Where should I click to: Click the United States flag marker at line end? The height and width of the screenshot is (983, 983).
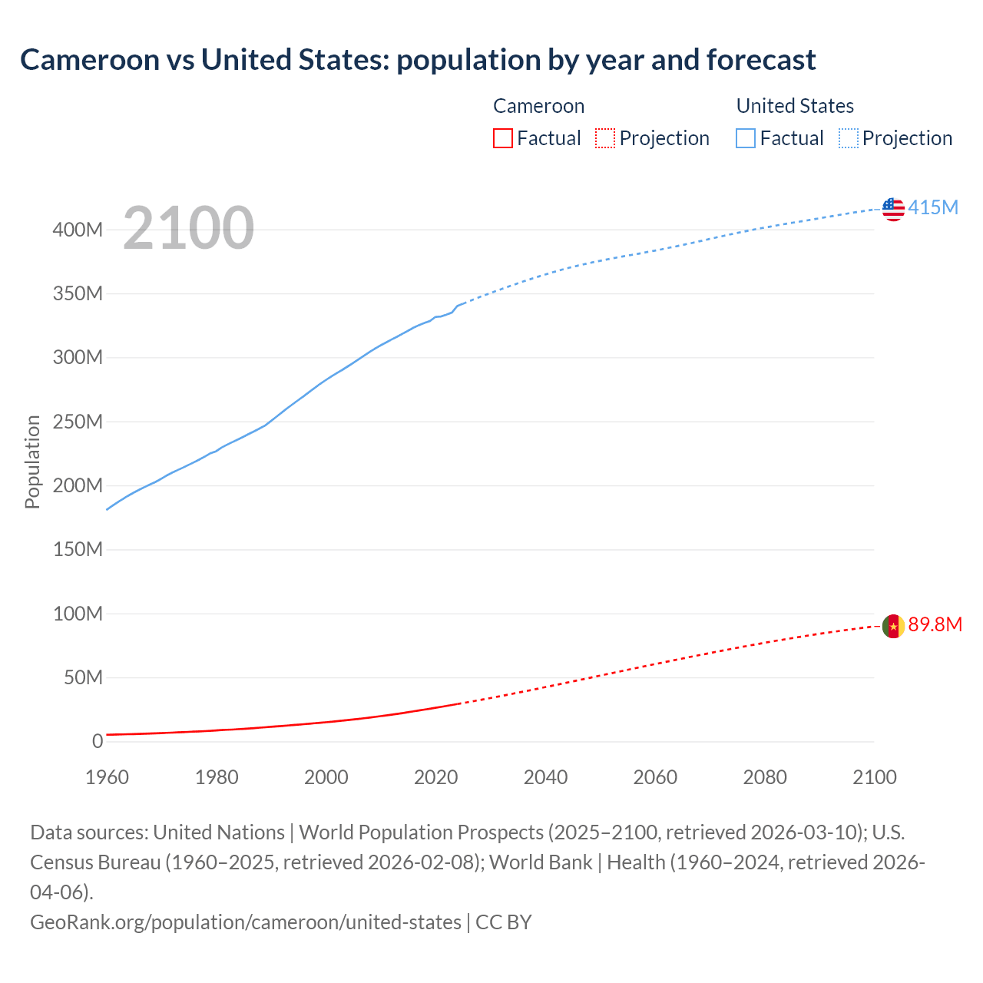[893, 209]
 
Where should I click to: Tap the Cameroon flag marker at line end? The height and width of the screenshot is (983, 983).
[893, 626]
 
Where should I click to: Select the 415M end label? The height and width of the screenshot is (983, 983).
[933, 207]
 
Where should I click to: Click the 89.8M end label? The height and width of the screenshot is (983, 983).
[935, 624]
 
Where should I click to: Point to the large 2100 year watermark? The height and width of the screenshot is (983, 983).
[188, 228]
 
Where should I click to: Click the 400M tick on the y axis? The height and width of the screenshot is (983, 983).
[78, 230]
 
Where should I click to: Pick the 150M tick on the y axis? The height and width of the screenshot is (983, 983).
[78, 550]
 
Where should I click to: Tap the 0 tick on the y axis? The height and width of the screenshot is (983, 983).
[98, 742]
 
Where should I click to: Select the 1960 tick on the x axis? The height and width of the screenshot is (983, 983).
[107, 777]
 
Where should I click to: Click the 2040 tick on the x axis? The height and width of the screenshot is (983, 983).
[545, 777]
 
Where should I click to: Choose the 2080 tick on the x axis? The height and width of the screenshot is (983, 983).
[765, 777]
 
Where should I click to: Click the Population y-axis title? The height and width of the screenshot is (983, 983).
[32, 462]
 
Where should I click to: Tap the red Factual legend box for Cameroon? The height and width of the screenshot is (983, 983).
[503, 138]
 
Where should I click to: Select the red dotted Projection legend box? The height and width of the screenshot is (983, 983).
[605, 138]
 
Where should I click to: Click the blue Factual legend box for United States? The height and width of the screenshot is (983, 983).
[746, 138]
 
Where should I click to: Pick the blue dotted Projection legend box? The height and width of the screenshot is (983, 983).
[849, 138]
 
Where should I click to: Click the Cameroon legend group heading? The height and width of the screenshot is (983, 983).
[538, 106]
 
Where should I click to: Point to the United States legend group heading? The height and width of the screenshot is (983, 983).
[795, 106]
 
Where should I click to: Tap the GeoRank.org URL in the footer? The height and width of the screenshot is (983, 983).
[246, 922]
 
